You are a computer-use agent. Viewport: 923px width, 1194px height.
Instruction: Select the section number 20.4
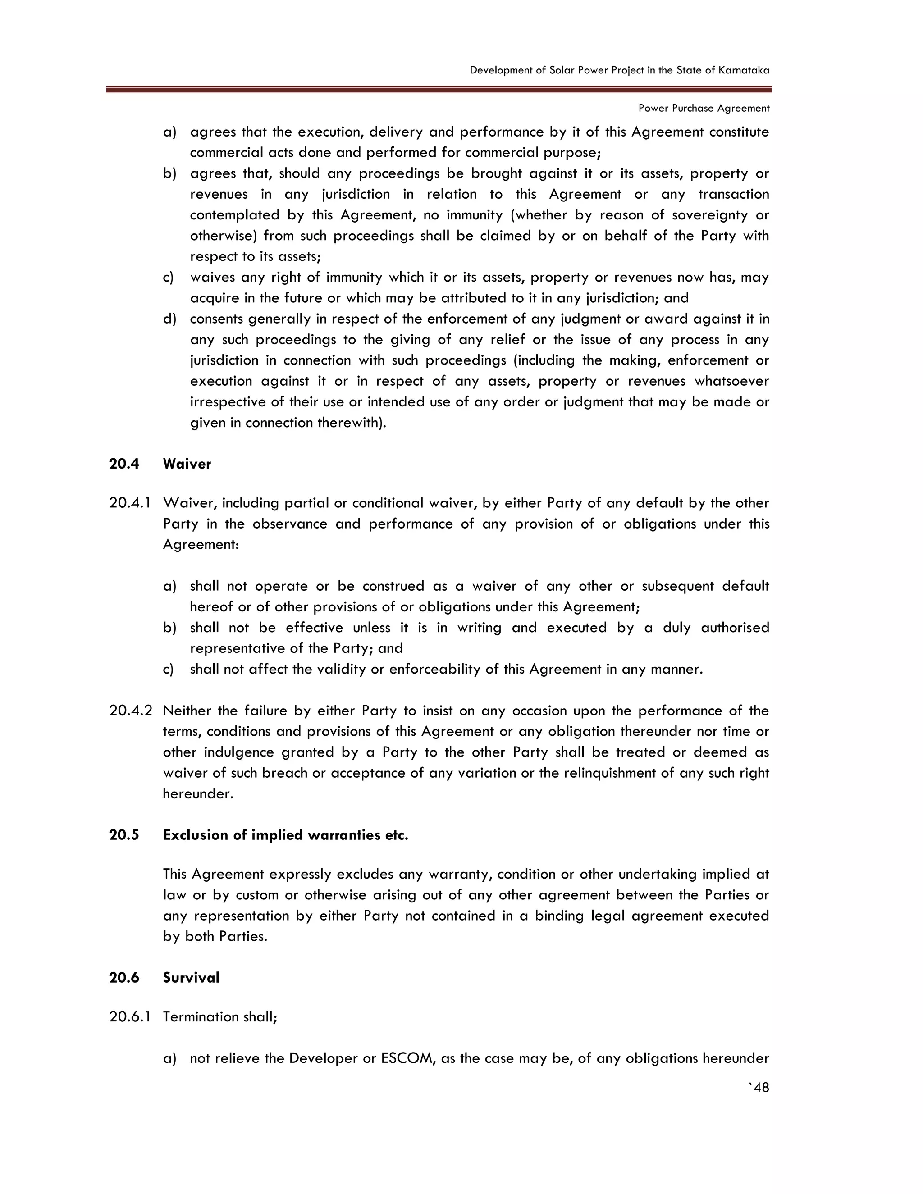(x=124, y=464)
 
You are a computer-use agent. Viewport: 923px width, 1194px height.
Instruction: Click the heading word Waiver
(x=187, y=464)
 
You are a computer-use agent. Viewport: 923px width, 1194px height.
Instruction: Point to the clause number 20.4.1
(x=130, y=503)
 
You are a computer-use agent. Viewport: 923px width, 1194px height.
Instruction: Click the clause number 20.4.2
(x=130, y=711)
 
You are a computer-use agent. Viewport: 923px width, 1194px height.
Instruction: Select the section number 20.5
(x=124, y=835)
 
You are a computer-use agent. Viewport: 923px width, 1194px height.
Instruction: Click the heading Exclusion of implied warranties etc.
(x=285, y=835)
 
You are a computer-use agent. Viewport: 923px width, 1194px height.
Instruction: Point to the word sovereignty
(x=707, y=215)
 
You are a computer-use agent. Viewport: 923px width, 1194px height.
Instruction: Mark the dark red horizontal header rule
(x=439, y=90)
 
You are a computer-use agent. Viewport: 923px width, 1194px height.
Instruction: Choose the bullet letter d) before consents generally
(x=169, y=319)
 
